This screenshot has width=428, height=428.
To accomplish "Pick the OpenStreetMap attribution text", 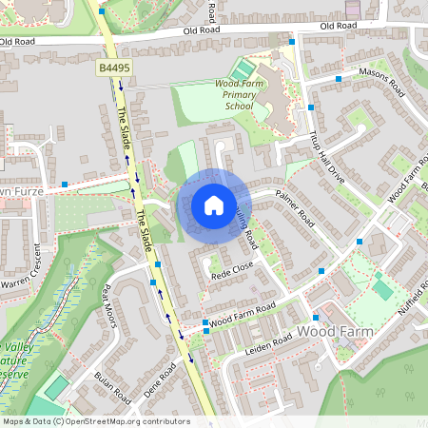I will pyautogui.click(x=96, y=421).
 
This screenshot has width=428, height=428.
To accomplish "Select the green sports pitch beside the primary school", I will pyautogui.click(x=242, y=69).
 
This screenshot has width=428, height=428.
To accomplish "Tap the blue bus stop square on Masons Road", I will pyautogui.click(x=338, y=78).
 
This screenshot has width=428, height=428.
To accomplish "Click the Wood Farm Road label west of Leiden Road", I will pyautogui.click(x=243, y=313).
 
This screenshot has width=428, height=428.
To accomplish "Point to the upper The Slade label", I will pyautogui.click(x=125, y=131).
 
